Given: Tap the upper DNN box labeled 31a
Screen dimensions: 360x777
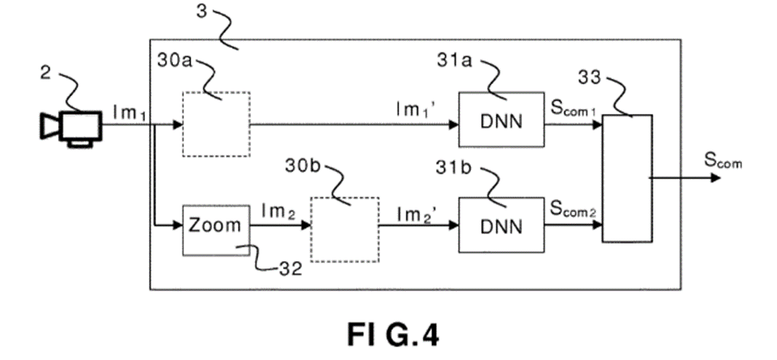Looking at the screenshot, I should point(501,119).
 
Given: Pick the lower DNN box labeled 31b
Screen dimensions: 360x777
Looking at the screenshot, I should point(501,226).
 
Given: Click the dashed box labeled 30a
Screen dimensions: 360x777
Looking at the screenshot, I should point(216,124).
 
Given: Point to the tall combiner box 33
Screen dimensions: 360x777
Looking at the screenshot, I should point(627,178).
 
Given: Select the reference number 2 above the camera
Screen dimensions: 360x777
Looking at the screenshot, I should point(45,75).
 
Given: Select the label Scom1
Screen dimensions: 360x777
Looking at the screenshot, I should point(573,111).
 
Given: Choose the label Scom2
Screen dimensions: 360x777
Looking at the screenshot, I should point(573,210).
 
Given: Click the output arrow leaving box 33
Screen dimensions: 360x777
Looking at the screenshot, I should point(685,178).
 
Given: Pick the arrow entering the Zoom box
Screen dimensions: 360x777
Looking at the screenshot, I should point(168,226).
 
